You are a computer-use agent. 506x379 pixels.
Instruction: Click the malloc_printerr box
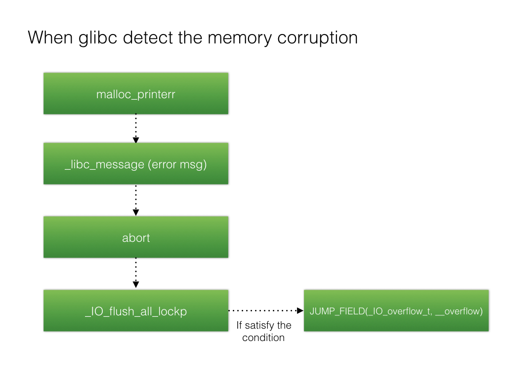(136, 94)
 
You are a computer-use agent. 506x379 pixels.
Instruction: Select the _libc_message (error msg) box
(136, 164)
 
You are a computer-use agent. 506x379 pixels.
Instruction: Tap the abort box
(136, 237)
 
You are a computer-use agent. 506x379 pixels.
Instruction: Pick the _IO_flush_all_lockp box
(136, 311)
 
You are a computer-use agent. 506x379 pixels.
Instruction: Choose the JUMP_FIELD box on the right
(396, 311)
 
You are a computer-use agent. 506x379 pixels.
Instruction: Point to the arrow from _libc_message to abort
(136, 200)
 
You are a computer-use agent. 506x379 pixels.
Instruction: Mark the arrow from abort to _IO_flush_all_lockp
(136, 273)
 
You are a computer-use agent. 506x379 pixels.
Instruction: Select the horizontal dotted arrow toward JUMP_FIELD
(266, 311)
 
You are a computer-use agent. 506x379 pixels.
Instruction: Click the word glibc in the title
(98, 38)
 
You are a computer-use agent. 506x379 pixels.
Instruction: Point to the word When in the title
(50, 38)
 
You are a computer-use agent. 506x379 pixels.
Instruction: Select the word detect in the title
(148, 38)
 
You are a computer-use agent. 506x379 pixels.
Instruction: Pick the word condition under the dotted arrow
(263, 338)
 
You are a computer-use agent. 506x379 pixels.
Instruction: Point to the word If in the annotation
(240, 325)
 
